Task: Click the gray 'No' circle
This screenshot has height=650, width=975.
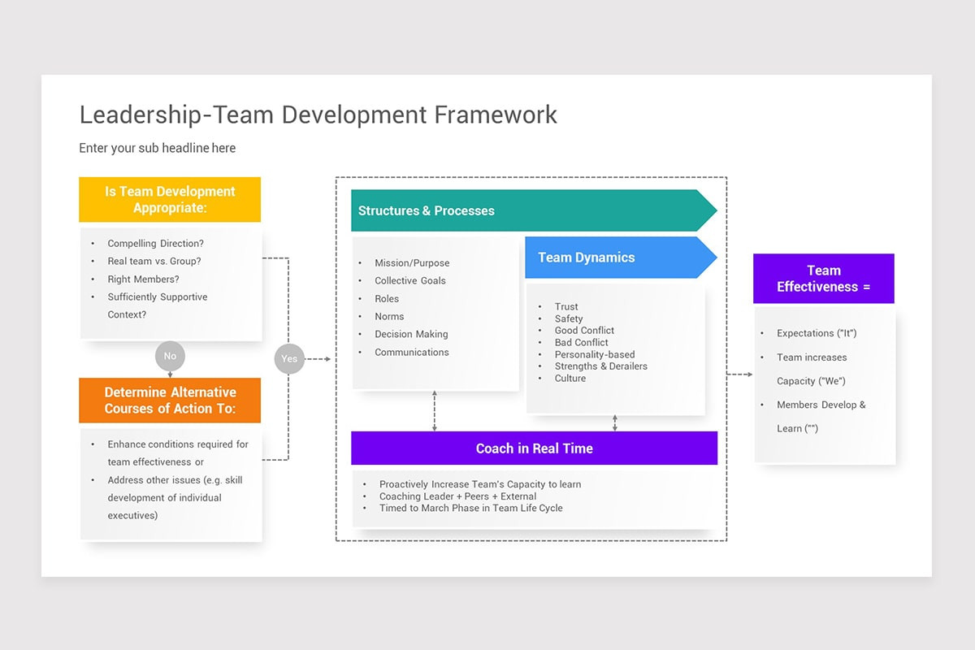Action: (170, 356)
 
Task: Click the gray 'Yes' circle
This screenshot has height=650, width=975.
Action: (289, 358)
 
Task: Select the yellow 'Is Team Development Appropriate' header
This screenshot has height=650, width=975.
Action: (170, 200)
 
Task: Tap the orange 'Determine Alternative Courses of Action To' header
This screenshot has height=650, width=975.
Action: (170, 401)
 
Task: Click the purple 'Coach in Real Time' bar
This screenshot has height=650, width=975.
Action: (534, 448)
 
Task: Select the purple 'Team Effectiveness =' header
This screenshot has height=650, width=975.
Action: (823, 279)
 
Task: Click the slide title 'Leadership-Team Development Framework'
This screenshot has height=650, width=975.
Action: (318, 115)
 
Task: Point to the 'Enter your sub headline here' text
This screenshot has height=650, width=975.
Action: (157, 148)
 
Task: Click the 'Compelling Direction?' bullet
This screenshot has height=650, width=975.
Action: (155, 244)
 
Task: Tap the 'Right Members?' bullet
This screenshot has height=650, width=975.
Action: (143, 279)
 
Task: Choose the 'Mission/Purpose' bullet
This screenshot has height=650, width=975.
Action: (411, 263)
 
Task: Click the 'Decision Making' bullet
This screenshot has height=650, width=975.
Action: (411, 335)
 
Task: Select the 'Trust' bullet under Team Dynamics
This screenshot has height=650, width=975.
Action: (566, 307)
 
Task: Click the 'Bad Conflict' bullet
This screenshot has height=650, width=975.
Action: (581, 343)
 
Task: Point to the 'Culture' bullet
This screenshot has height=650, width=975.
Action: (570, 379)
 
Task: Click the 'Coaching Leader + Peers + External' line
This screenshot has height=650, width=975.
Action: (457, 496)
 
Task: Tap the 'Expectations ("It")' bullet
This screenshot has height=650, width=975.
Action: (816, 334)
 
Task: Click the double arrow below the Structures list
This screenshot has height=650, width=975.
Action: (435, 411)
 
